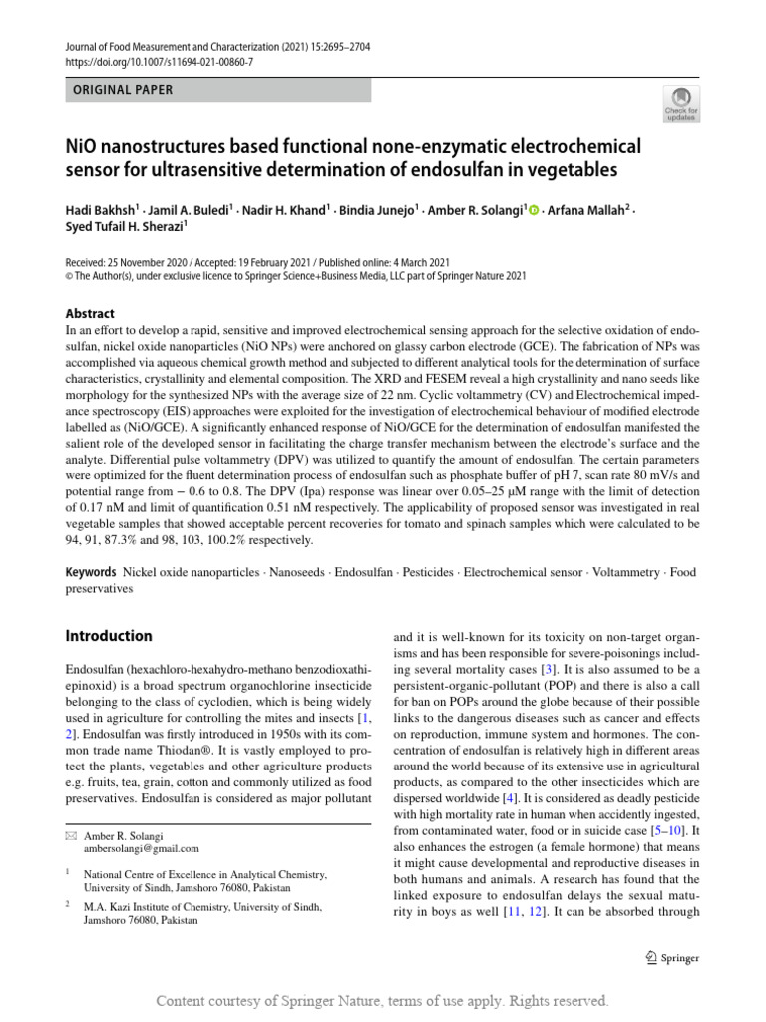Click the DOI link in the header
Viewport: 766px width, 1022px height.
point(160,61)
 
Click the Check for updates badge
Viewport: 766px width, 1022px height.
point(682,102)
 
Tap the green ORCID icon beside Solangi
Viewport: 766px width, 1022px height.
point(534,210)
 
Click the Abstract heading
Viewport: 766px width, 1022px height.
point(90,312)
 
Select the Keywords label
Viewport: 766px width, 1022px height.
point(92,573)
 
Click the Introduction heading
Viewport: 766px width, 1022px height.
point(109,636)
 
